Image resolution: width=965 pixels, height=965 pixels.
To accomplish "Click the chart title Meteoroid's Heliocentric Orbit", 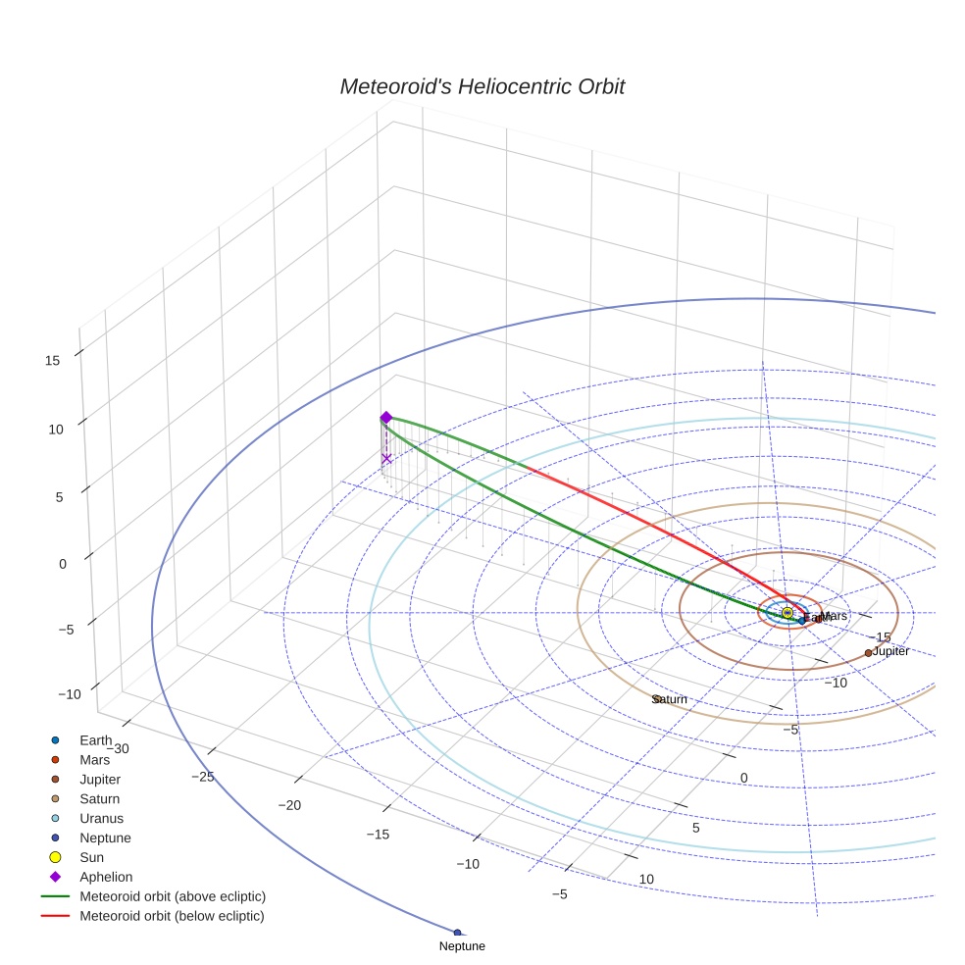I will click(482, 86).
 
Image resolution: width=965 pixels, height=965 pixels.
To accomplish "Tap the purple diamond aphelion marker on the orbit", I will click(385, 417).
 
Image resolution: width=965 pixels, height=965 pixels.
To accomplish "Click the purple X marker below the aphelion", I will click(386, 458).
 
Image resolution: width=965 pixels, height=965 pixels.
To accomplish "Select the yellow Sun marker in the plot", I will click(787, 613).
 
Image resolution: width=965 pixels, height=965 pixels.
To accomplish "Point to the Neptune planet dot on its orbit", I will click(457, 932).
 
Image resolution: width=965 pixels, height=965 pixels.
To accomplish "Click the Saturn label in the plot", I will click(670, 699).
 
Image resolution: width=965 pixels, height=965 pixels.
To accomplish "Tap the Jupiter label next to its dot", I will click(890, 651).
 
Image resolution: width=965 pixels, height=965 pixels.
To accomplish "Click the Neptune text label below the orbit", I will click(462, 946).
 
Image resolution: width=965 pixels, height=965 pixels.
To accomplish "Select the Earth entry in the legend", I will click(95, 739).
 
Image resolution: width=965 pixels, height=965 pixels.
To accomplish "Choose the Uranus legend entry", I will click(101, 818).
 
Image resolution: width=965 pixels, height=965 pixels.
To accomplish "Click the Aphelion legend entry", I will click(106, 877).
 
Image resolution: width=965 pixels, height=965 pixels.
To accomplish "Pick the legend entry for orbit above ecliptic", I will click(173, 896).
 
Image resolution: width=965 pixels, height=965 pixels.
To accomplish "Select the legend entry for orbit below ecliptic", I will click(172, 916).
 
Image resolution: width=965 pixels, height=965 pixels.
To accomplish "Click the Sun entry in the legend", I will click(91, 857).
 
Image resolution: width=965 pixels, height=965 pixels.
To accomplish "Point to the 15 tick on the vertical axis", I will click(52, 360).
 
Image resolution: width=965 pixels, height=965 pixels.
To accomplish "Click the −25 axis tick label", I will click(202, 777).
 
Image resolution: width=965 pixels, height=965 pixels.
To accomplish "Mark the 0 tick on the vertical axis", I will click(62, 564).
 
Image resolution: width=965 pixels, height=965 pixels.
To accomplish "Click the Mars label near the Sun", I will click(834, 616).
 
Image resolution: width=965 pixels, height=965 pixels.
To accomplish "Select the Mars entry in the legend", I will click(94, 759).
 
